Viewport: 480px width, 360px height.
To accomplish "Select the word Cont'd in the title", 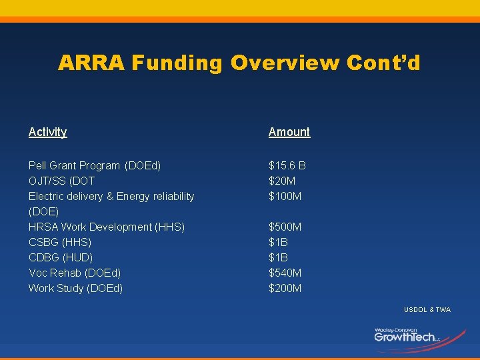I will (383, 63).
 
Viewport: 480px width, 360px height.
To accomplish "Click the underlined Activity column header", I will (48, 132).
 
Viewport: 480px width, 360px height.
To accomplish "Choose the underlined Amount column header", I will (289, 132).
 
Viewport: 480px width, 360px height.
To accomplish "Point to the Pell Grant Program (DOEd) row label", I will (95, 165).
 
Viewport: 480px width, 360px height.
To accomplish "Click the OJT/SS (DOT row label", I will (61, 181).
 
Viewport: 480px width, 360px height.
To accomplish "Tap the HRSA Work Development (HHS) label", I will (107, 227).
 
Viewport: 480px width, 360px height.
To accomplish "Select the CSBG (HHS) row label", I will (60, 242).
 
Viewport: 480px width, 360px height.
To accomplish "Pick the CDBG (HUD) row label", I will (61, 257).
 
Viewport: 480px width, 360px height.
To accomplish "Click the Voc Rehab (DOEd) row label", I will (75, 273).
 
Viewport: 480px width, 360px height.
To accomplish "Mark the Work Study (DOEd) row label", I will (75, 288).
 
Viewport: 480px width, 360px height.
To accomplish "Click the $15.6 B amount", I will (287, 165).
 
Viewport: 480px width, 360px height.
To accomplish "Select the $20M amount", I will (283, 181).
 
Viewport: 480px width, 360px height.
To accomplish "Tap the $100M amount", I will (285, 196).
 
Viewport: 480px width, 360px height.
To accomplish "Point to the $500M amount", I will (285, 227).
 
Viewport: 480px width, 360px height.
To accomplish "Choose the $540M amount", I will (285, 273).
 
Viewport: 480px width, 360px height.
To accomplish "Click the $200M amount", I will (285, 288).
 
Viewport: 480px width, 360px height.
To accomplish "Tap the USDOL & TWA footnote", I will (427, 310).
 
